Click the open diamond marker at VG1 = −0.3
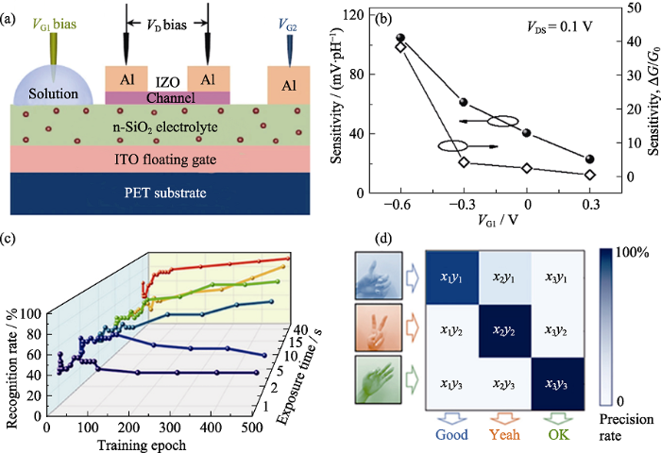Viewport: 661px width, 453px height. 464,162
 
